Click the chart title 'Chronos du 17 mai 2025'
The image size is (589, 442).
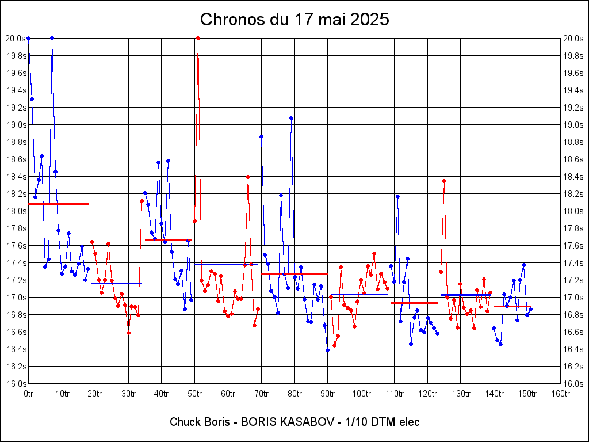coord(294,20)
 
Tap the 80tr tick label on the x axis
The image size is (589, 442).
coord(294,394)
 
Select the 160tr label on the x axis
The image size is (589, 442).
coord(561,394)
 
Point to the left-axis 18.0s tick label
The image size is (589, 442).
coord(16,211)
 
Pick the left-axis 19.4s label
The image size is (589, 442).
coord(16,90)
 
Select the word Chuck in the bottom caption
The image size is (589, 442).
coord(182,422)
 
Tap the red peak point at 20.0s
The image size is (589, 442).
coord(198,38)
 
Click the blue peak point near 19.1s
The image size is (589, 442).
coord(291,119)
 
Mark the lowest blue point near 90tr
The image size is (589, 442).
coord(327,350)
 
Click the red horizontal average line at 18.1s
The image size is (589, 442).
coord(58,204)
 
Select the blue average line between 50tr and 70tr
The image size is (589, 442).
coord(227,264)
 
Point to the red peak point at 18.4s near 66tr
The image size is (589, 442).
coord(248,177)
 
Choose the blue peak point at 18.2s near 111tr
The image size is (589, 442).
coord(397,197)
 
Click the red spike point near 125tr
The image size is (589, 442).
coord(444,181)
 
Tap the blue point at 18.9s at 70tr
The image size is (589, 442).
coord(261,136)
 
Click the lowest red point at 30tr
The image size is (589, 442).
coord(128,333)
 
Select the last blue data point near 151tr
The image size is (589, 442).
coord(530,310)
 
